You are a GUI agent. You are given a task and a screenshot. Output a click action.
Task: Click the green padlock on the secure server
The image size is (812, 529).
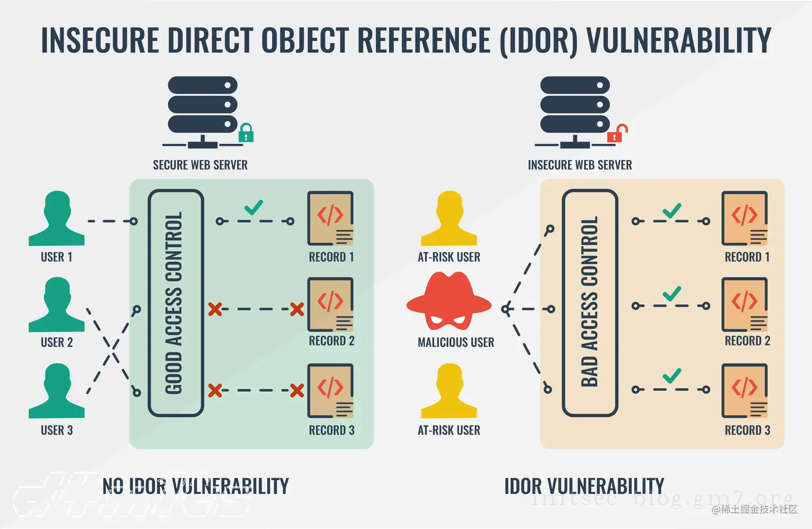pos(246,133)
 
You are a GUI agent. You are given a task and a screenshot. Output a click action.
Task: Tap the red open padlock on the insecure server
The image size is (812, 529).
pos(617,133)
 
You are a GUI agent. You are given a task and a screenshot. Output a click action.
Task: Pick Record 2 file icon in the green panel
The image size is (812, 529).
pos(330,304)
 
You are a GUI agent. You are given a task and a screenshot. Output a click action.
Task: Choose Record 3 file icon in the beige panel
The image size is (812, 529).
pos(745,391)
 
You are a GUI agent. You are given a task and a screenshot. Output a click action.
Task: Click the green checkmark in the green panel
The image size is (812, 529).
pos(253,208)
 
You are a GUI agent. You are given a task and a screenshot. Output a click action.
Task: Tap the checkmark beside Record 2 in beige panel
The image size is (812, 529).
pos(671,294)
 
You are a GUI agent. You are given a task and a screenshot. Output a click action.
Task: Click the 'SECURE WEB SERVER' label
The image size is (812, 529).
pos(200,165)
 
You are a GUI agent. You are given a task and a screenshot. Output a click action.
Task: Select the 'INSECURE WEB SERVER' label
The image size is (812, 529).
pos(579,165)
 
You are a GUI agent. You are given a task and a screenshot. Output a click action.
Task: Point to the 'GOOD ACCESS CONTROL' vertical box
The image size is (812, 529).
pos(176,303)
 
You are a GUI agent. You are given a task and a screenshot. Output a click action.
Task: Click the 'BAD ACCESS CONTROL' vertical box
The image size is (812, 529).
pos(590,303)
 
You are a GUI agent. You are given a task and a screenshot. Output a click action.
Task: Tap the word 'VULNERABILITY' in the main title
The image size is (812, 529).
pos(679,40)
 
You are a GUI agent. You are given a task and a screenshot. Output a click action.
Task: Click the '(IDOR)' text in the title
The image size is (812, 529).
pos(539,40)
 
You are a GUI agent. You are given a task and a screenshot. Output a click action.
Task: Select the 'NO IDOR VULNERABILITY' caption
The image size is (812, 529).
pos(195,486)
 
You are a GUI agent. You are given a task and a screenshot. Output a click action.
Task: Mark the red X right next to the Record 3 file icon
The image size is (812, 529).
pos(297,390)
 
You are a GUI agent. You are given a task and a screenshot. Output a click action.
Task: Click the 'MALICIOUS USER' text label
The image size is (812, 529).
pos(456,342)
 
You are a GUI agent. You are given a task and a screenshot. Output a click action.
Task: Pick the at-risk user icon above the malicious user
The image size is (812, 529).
pos(449,218)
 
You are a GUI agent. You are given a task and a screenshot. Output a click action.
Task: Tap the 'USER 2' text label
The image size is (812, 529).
pos(56,342)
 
